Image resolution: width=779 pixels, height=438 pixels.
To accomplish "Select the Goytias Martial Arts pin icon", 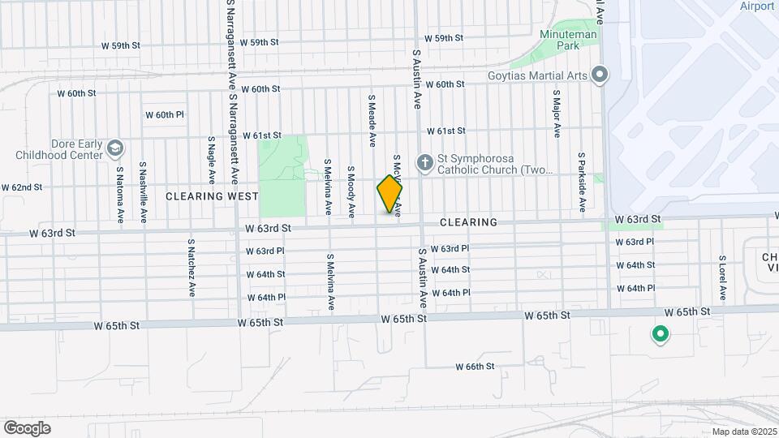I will click(x=600, y=75).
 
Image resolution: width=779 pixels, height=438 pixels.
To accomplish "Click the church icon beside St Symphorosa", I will click(x=424, y=163).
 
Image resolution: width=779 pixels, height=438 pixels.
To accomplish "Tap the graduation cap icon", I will click(x=115, y=148).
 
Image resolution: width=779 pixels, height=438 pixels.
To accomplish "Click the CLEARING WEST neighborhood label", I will click(x=212, y=196).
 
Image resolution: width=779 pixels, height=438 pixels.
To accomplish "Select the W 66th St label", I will click(x=475, y=367).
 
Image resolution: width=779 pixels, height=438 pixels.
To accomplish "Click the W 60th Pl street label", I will click(x=165, y=114).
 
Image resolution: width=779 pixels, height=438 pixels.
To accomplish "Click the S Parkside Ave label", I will click(x=582, y=182).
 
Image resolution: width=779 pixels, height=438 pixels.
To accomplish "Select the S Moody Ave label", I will click(x=351, y=192).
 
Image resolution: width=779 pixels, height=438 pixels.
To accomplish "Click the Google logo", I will click(x=27, y=427).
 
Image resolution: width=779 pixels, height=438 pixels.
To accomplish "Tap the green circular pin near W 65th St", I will click(x=661, y=333).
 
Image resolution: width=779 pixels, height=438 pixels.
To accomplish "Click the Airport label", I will click(x=757, y=6).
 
